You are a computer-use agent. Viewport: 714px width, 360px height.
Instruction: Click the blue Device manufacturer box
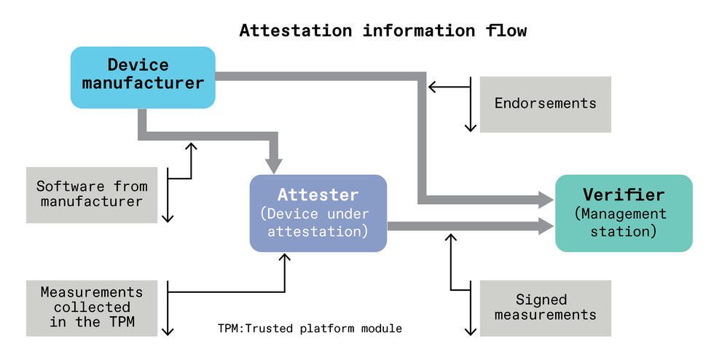(143, 77)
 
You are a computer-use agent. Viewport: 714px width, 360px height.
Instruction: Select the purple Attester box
(318, 214)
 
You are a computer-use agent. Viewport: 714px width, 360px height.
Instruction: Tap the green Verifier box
(624, 214)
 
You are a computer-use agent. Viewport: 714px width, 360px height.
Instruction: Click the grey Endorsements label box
(546, 104)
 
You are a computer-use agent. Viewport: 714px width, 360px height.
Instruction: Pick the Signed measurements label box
(546, 308)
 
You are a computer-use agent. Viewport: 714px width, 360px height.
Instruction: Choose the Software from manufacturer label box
(92, 195)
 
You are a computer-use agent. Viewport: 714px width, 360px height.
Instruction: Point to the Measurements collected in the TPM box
(92, 308)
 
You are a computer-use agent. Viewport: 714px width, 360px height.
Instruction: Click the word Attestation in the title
(296, 31)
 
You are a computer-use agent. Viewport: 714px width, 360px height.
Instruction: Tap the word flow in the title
(506, 31)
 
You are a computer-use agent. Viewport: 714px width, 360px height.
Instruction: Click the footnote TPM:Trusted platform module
(310, 329)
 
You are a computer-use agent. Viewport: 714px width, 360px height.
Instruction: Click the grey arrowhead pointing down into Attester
(274, 166)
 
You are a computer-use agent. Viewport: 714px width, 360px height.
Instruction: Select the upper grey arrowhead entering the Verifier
(546, 200)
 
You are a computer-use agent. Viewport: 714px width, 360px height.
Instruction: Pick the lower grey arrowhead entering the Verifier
(546, 226)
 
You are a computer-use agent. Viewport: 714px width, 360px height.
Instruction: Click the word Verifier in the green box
(624, 195)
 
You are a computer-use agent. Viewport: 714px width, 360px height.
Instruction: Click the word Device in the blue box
(138, 65)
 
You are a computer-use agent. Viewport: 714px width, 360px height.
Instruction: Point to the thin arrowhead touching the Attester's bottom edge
(285, 257)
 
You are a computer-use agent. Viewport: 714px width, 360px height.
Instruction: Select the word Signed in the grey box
(541, 300)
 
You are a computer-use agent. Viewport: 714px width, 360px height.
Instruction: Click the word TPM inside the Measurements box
(122, 321)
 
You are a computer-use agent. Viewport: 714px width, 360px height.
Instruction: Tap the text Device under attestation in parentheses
(315, 222)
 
